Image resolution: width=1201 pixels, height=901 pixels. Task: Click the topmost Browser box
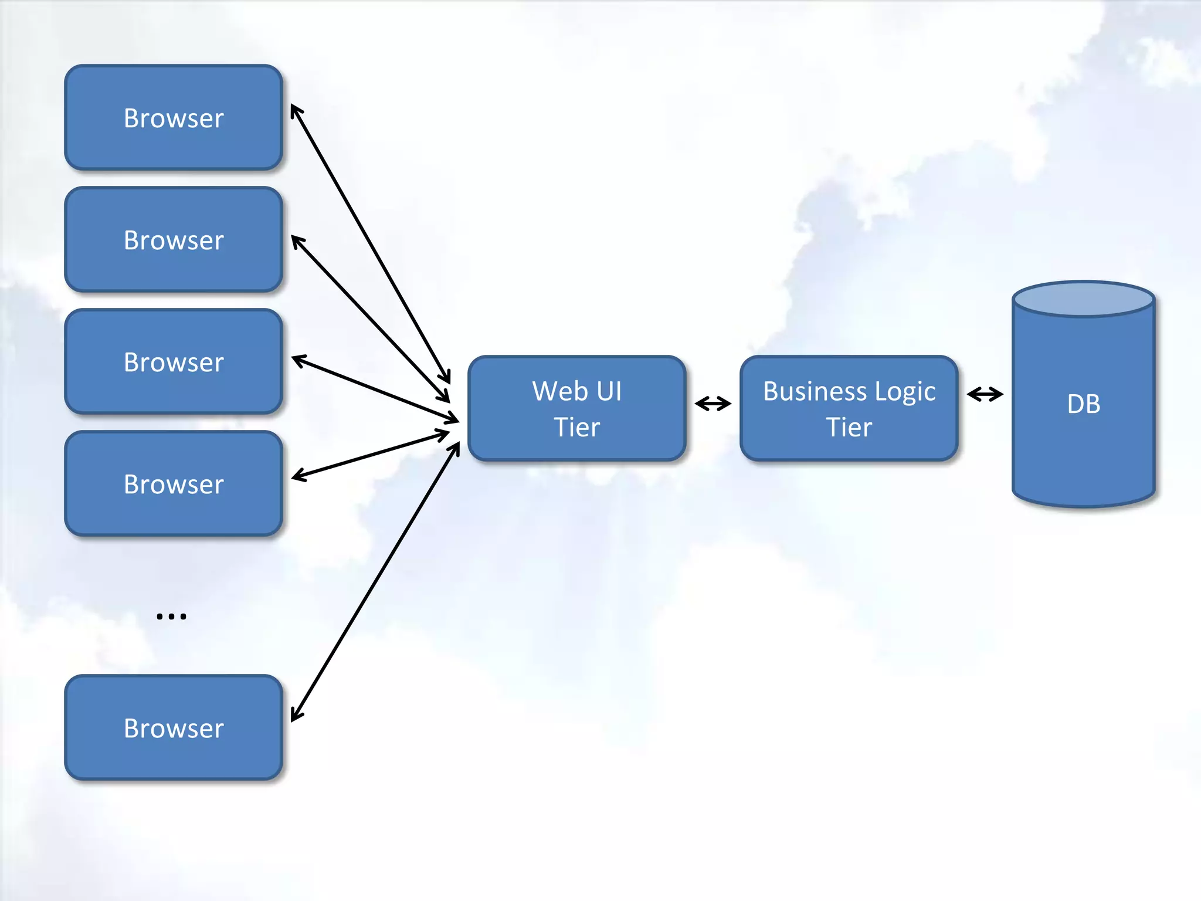pyautogui.click(x=174, y=117)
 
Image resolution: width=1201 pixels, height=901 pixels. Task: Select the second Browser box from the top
pyautogui.click(x=174, y=239)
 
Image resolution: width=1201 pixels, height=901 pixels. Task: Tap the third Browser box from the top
pyautogui.click(x=174, y=361)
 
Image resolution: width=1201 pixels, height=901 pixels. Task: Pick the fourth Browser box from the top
pyautogui.click(x=174, y=483)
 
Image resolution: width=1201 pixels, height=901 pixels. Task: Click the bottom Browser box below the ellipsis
pyautogui.click(x=174, y=727)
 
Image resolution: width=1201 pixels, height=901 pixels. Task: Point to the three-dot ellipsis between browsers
pyautogui.click(x=171, y=616)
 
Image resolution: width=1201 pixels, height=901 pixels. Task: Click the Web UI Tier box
pyautogui.click(x=577, y=408)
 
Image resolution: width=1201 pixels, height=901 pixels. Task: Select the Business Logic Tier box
pyautogui.click(x=849, y=408)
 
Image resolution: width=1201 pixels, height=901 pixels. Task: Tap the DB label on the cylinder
pyautogui.click(x=1083, y=404)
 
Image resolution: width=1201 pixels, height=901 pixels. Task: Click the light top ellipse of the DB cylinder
pyautogui.click(x=1083, y=299)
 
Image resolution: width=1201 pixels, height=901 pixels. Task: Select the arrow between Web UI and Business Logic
pyautogui.click(x=713, y=404)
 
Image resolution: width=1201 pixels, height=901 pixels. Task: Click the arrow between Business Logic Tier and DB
pyautogui.click(x=985, y=394)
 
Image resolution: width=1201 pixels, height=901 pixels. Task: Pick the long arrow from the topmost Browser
pyautogui.click(x=370, y=243)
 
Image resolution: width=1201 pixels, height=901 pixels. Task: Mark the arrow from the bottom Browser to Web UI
pyautogui.click(x=375, y=582)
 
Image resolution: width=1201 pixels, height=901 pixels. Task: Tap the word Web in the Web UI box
pyautogui.click(x=559, y=391)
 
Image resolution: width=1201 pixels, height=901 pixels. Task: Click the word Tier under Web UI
pyautogui.click(x=577, y=427)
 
